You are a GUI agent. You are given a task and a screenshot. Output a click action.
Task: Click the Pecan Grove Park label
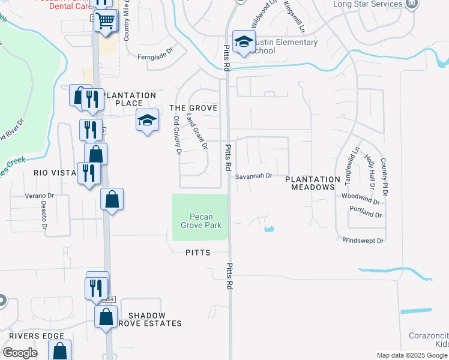[201, 221]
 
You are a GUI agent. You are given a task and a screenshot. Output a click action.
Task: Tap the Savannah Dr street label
[254, 176]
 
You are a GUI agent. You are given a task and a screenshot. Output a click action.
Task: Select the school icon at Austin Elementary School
[244, 42]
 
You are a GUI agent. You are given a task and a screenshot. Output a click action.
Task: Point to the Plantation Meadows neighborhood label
[312, 183]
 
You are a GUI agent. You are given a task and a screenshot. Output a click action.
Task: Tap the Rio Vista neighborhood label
[53, 172]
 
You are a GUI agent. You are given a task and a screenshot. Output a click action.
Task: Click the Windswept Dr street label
[363, 241]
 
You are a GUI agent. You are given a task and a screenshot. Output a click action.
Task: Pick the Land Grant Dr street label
[197, 131]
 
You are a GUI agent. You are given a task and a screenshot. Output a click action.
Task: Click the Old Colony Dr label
[177, 136]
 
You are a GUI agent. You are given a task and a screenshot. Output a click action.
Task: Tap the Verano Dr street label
[39, 196]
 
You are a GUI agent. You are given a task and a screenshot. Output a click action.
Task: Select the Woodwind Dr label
[361, 197]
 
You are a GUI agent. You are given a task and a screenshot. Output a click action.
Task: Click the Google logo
[20, 353]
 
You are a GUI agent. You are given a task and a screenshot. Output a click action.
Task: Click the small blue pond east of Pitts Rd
[268, 229]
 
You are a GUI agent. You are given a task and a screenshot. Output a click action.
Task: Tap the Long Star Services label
[367, 5]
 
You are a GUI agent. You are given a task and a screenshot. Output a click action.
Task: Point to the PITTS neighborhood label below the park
[198, 253]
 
